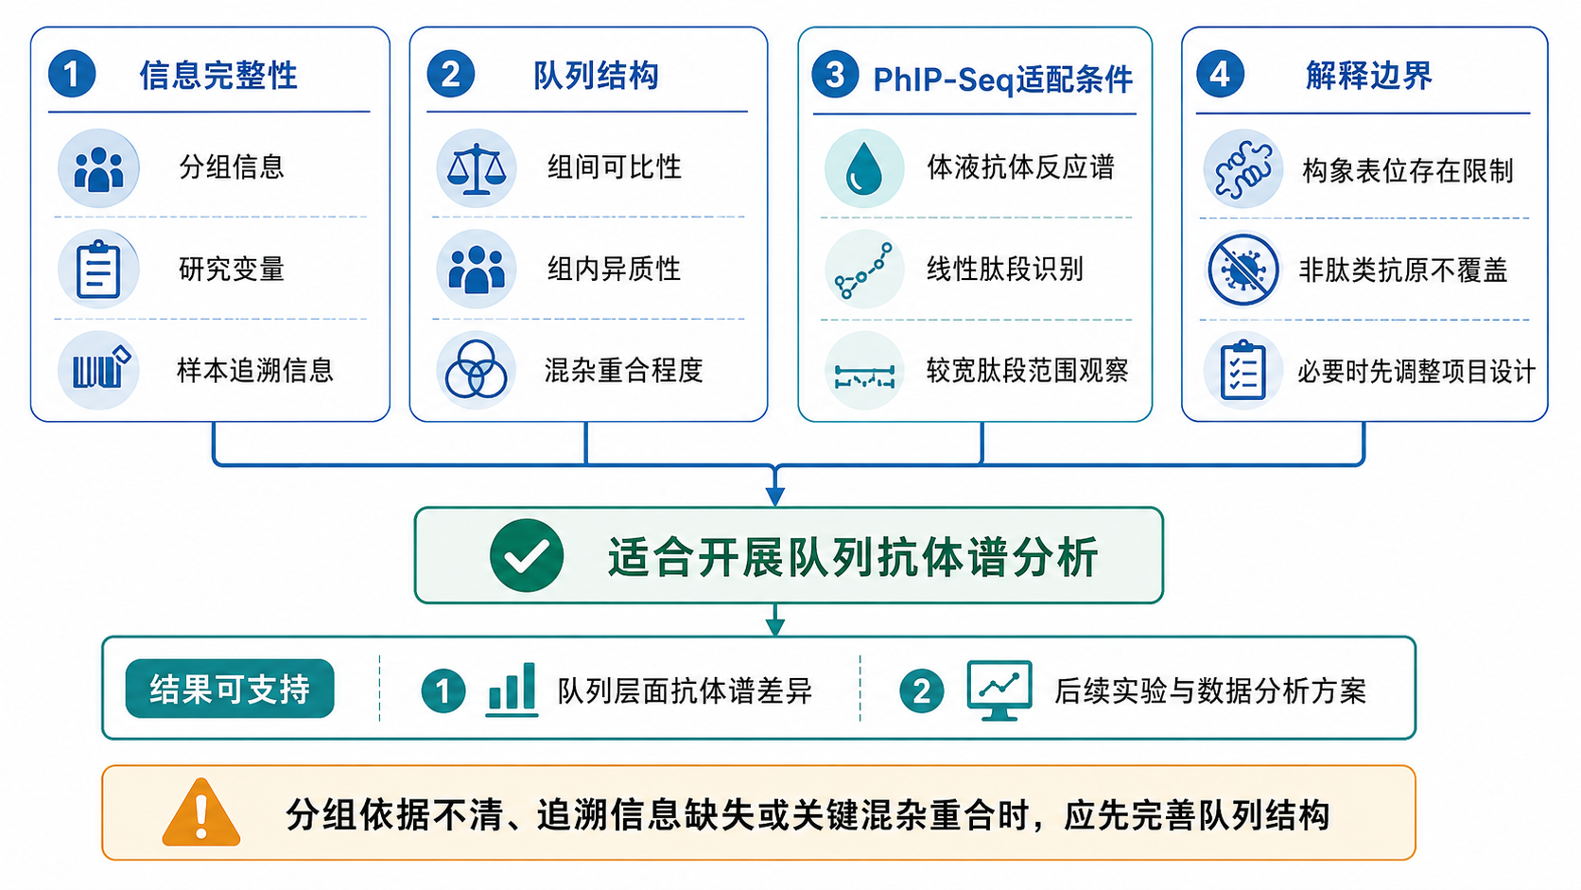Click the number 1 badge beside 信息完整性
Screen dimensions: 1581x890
[x=72, y=74]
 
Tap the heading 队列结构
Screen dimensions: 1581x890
[x=597, y=76]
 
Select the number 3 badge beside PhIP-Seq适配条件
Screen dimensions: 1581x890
[x=835, y=74]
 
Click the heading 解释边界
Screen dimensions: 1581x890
[x=1368, y=76]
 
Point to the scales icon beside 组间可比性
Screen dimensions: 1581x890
[x=477, y=168]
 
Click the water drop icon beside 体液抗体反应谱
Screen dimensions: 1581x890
[x=864, y=168]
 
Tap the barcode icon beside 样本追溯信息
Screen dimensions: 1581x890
[x=98, y=370]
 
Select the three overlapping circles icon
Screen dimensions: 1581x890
[x=477, y=370]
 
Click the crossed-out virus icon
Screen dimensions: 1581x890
[x=1242, y=270]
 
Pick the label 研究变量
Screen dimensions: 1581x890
[x=232, y=269]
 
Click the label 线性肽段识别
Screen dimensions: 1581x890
[x=1005, y=269]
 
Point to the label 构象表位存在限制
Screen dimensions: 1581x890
[x=1407, y=170]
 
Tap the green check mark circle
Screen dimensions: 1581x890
[x=527, y=555]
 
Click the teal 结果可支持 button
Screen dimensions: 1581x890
[x=230, y=689]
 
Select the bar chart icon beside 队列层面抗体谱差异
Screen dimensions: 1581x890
[x=512, y=689]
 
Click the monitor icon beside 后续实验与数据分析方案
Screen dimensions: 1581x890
[x=999, y=690]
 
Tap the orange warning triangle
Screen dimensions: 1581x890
[x=201, y=812]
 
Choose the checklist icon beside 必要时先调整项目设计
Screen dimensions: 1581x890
[x=1242, y=370]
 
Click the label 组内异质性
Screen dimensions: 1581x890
[x=614, y=269]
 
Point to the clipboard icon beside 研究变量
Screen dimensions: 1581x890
[x=98, y=269]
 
